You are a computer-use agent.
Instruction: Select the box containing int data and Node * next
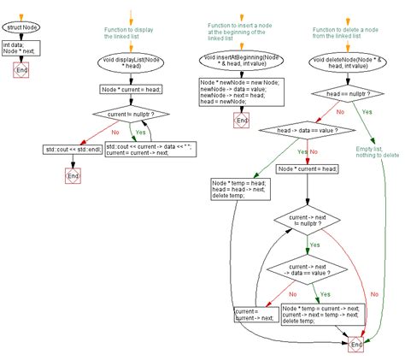coord(21,49)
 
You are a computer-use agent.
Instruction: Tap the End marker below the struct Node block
coord(21,74)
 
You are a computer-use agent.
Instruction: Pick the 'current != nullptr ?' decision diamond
coord(130,111)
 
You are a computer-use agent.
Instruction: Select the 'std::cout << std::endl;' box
coord(70,150)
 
